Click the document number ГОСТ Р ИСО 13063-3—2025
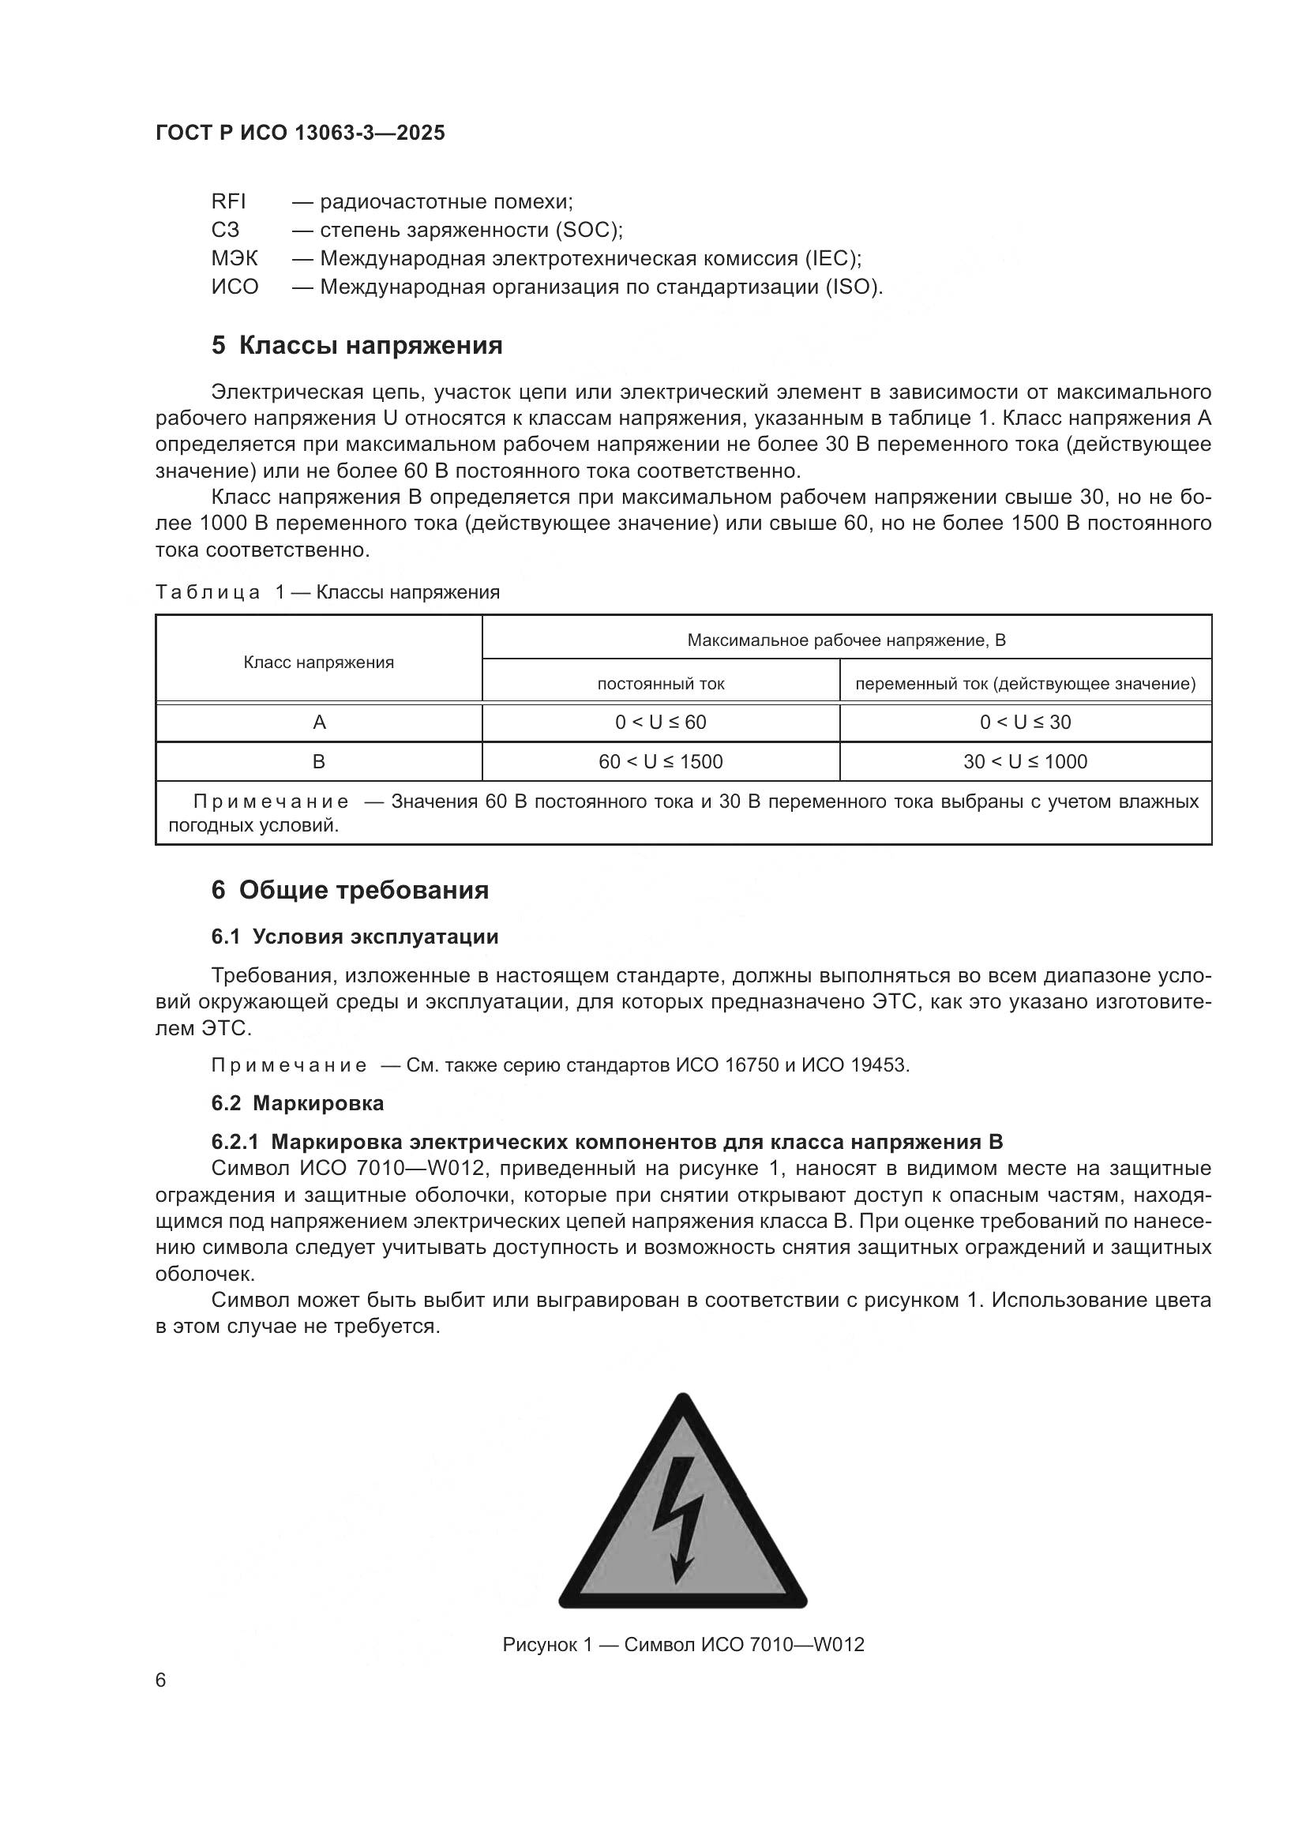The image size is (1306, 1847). coord(300,133)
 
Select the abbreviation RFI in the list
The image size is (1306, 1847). coord(228,201)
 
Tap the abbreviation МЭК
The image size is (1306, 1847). coord(235,258)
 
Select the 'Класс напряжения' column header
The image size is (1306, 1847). coord(318,662)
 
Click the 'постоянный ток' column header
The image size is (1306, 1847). coord(660,684)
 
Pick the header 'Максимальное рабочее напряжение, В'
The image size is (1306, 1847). coord(846,640)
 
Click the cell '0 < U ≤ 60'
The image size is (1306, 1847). coord(660,723)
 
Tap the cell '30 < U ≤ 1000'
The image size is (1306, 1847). coord(1025,762)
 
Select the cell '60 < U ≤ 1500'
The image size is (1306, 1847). coord(660,762)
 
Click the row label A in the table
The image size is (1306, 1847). coord(318,723)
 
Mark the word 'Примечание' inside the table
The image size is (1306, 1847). coord(271,801)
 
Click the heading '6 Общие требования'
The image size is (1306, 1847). coord(350,891)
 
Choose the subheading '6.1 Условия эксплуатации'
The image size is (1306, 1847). coord(355,937)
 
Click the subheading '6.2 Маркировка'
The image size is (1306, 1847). coord(298,1103)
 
